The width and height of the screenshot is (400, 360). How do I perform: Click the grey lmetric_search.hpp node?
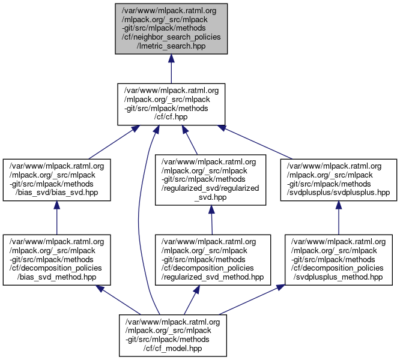171,28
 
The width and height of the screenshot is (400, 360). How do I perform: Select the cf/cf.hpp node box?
171,104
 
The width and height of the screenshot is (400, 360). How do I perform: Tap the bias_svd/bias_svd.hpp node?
56,179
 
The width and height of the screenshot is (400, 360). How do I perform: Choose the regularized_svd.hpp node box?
211,179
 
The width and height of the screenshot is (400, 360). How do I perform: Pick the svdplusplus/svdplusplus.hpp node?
339,179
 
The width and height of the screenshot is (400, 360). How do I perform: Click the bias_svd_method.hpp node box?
56,259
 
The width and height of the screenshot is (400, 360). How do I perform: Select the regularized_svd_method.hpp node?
211,259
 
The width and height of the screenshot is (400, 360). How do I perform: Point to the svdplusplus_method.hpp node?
339,259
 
